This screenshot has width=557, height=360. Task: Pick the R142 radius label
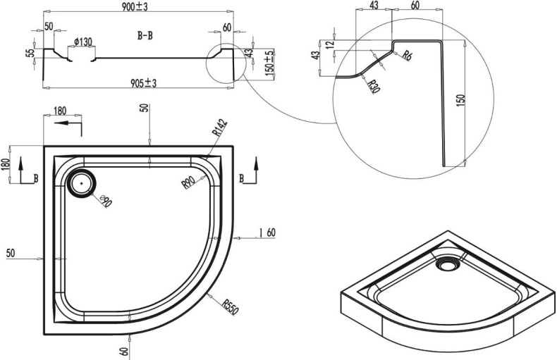pos(219,130)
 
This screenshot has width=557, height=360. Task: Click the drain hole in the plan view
pos(82,182)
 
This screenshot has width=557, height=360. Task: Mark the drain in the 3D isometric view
pos(446,266)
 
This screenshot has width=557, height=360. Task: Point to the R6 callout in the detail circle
pos(408,56)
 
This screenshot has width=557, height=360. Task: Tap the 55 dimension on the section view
pos(30,54)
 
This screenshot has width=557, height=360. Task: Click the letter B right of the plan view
pos(242,179)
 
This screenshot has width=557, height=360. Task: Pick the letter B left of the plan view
pos(36,179)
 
